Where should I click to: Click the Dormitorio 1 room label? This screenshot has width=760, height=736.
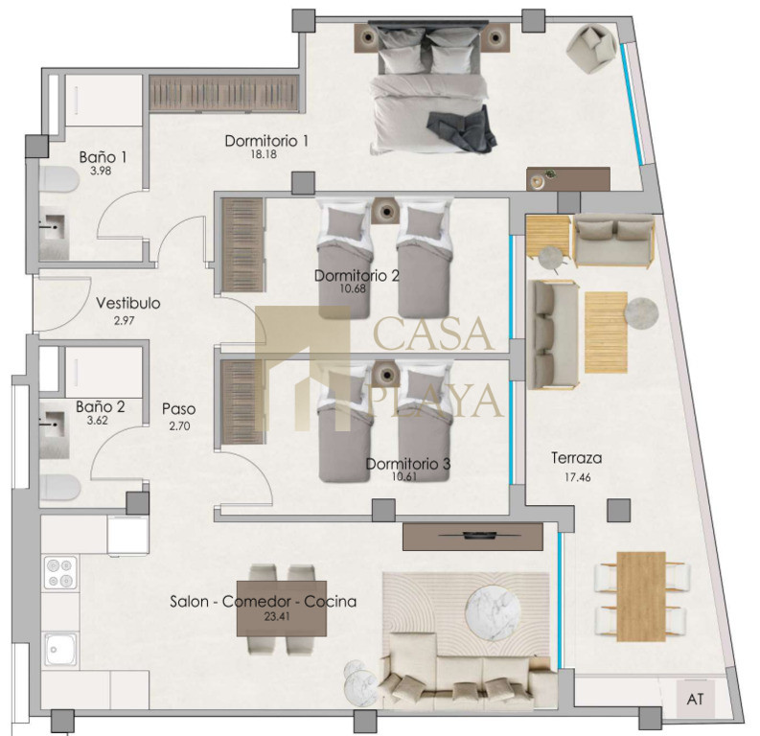(x=266, y=141)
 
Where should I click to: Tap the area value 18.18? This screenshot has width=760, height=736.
(x=265, y=154)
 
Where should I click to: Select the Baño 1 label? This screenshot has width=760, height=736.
(x=103, y=157)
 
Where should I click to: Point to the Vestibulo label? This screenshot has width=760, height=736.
(x=128, y=303)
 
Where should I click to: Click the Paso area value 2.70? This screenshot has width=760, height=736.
(x=179, y=426)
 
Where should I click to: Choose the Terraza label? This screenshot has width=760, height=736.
(x=577, y=458)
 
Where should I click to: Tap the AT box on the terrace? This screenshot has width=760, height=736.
(x=696, y=700)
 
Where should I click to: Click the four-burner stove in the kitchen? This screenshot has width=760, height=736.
(x=60, y=573)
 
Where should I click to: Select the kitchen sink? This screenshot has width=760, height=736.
(x=60, y=649)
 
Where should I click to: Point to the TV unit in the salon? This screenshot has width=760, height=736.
(x=472, y=537)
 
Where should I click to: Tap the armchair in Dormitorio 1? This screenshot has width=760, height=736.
(x=592, y=49)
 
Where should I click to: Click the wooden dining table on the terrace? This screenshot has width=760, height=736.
(x=641, y=596)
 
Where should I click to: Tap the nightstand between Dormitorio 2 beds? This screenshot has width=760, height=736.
(x=386, y=211)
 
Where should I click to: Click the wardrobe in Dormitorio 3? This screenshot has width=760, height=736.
(x=242, y=402)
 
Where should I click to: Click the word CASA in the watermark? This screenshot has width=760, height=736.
(x=434, y=333)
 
